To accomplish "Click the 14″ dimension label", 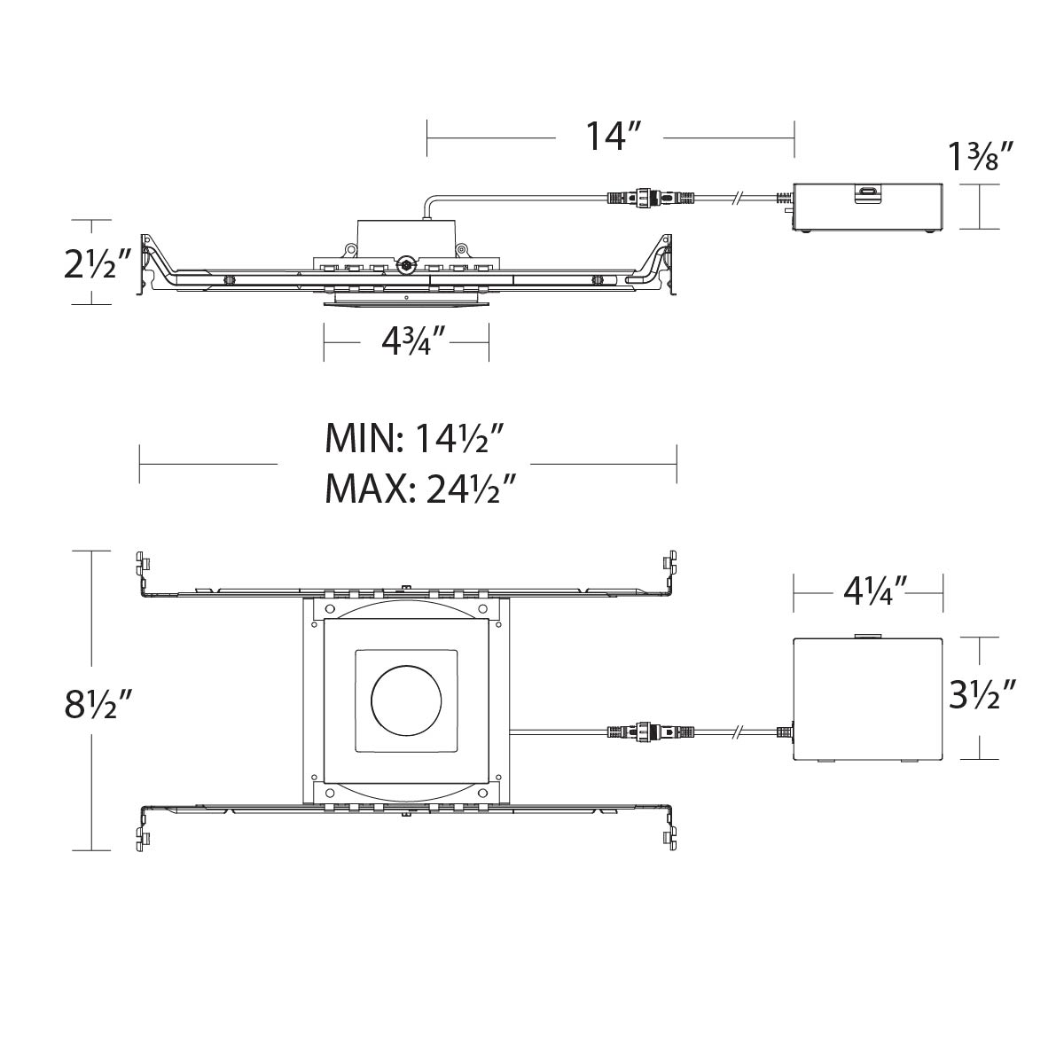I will click(x=612, y=137).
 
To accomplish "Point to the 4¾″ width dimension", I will click(x=406, y=340).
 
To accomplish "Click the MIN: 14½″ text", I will click(x=415, y=438).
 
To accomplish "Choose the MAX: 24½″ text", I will click(x=420, y=488).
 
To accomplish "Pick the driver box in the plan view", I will click(x=867, y=699).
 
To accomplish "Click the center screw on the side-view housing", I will click(x=407, y=264).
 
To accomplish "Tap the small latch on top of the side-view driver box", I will click(x=868, y=191).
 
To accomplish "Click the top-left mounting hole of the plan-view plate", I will click(x=330, y=609).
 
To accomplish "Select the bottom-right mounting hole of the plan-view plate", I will click(x=483, y=793).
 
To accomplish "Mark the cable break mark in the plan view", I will click(x=739, y=732).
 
